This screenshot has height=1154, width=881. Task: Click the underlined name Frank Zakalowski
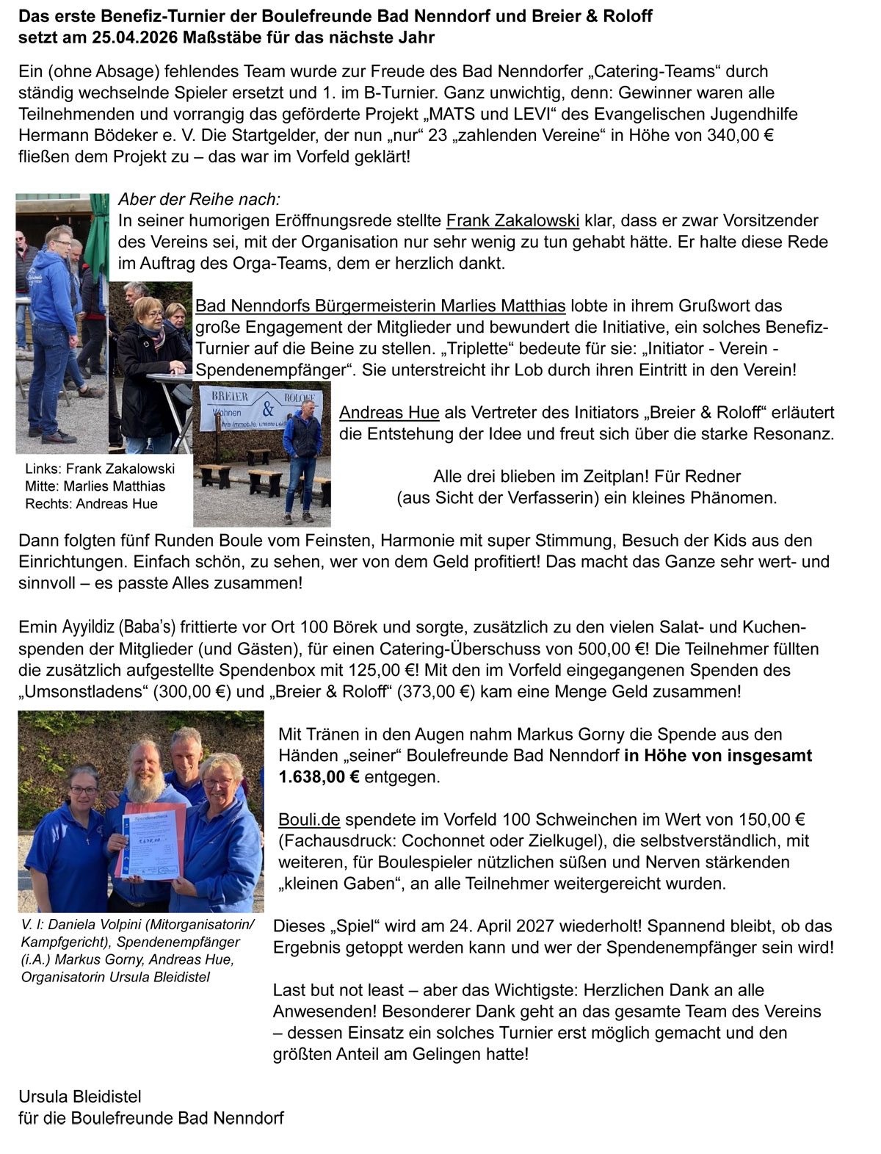pos(512,220)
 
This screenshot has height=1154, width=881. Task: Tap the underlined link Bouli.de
pos(308,819)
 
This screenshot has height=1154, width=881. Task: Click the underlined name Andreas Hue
pos(389,412)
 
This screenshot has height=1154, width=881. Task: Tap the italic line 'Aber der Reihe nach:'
pos(199,200)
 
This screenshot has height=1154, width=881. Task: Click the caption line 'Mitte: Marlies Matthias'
pos(95,486)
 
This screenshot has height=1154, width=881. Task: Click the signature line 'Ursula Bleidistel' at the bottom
pos(80,1097)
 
